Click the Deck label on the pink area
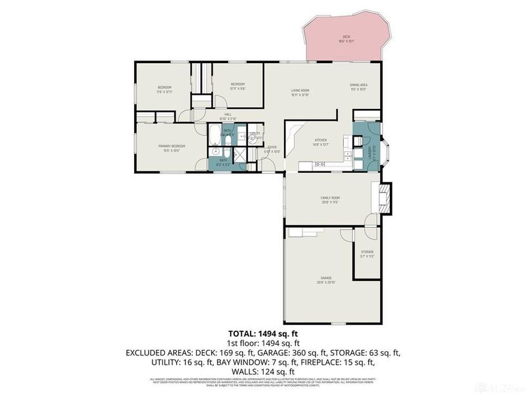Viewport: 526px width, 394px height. point(346,37)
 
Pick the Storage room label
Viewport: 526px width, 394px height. point(367,253)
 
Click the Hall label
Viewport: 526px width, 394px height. point(227,116)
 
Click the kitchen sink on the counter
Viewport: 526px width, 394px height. point(322,164)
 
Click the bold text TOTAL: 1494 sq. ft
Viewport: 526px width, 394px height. point(263,332)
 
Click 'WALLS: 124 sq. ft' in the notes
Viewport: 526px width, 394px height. point(263,370)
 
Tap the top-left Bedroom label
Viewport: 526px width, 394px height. point(164,89)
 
